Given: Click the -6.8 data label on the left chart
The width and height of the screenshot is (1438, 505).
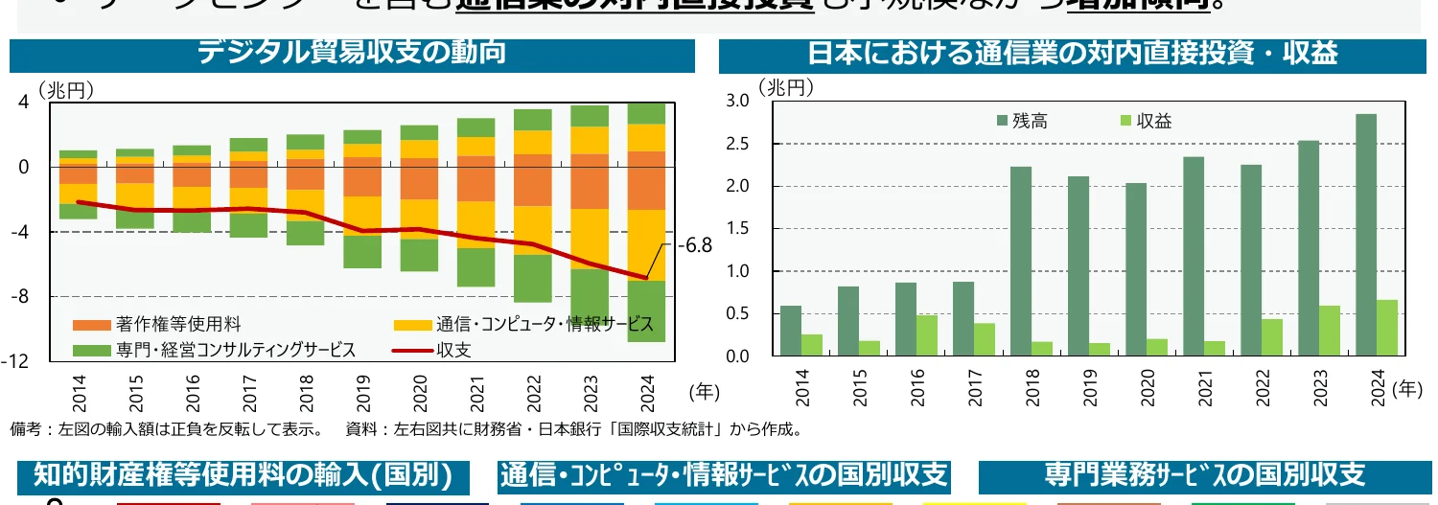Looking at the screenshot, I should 695,245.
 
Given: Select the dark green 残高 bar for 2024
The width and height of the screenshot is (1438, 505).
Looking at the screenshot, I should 1366,235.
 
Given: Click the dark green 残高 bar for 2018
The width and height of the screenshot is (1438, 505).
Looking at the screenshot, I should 1021,261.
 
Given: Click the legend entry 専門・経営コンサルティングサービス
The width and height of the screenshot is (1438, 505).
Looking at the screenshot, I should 215,350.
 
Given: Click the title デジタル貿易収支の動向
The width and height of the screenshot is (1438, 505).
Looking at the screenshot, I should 352,53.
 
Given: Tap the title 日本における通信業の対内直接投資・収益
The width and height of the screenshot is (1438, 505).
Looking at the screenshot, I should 1072,53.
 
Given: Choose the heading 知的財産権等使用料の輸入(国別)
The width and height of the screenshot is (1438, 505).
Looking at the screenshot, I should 243,474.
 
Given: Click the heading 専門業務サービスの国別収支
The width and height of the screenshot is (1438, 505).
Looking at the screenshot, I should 1204,474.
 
